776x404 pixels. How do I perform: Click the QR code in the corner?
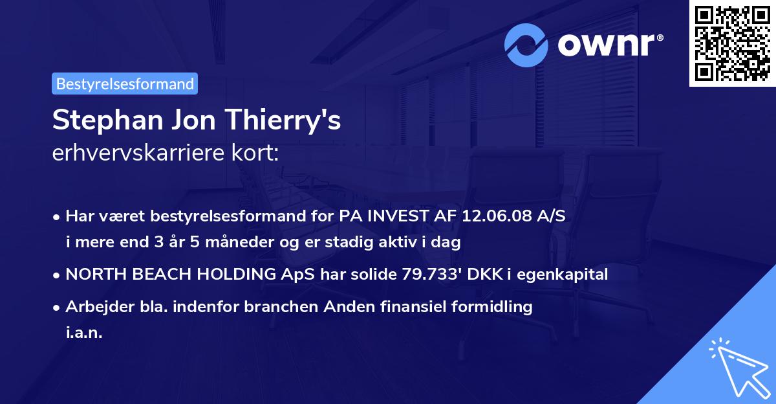[732, 43]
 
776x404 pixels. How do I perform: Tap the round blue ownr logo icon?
[526, 45]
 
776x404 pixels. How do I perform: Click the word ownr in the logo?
[609, 45]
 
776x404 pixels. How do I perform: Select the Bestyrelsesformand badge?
[125, 84]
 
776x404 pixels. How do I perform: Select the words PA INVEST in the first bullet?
[380, 216]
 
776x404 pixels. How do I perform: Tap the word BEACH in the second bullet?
[152, 275]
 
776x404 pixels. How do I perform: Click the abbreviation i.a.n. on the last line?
[84, 333]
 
